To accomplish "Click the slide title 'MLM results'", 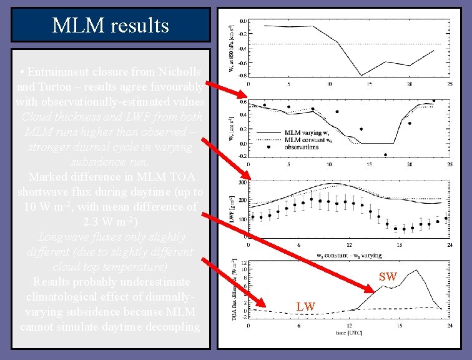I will [x=111, y=26].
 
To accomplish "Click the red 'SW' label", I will [x=388, y=276].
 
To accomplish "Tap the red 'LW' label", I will [x=306, y=306].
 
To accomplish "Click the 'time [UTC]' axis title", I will [x=350, y=334].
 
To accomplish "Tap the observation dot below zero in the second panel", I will [x=385, y=154].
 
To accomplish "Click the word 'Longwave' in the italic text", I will [x=62, y=237].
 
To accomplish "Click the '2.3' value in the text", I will [x=91, y=221].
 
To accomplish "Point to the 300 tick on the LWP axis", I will [x=242, y=184].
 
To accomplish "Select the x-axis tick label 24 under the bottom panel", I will [x=450, y=327].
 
